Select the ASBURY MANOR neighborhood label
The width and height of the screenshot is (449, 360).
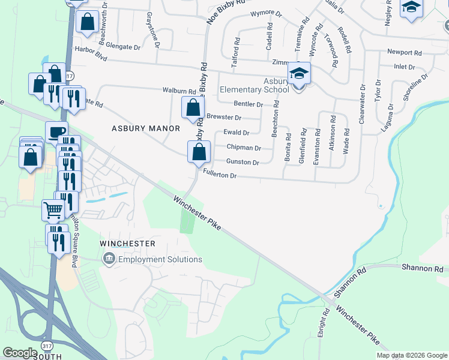point(146,128)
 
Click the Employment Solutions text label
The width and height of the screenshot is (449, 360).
point(160,259)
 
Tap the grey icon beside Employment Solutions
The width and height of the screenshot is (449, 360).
point(109,259)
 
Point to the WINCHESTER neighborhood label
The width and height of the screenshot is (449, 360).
point(127,244)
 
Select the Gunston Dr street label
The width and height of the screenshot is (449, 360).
point(243,162)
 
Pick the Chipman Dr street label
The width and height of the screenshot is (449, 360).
point(244,148)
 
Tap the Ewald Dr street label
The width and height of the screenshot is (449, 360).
point(236,133)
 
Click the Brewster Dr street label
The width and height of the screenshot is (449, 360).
point(223,118)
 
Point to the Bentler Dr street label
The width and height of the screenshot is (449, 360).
point(249,104)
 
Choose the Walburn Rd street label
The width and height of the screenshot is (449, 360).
point(179,91)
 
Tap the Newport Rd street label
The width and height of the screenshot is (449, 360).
point(400,52)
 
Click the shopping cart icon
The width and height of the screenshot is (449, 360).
point(53,210)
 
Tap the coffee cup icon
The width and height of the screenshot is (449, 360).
point(57,131)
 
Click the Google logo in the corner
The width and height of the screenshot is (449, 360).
point(20,353)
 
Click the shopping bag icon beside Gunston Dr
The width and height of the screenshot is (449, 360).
point(199,152)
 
